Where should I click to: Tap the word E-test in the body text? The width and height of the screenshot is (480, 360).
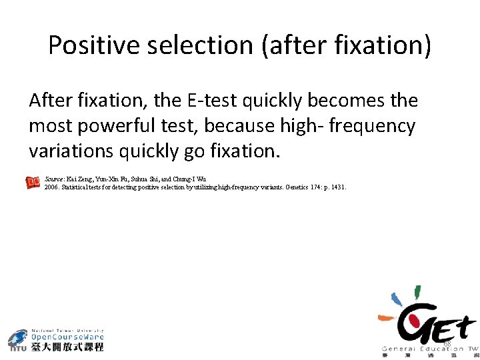tap(215, 101)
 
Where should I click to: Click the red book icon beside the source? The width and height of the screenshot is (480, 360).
tap(33, 183)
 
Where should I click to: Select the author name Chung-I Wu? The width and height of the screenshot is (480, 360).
tap(191, 179)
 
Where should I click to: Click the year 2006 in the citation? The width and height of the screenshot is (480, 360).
tap(51, 187)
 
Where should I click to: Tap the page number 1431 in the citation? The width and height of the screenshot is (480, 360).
tap(337, 187)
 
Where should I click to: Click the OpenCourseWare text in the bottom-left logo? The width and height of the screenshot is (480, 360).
tap(68, 337)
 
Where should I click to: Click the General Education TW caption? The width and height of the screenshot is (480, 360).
tap(430, 349)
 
